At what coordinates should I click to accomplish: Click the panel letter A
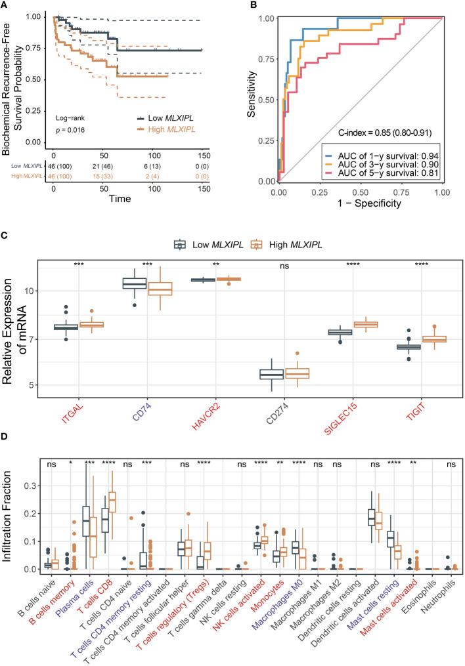pyautogui.click(x=5, y=6)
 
